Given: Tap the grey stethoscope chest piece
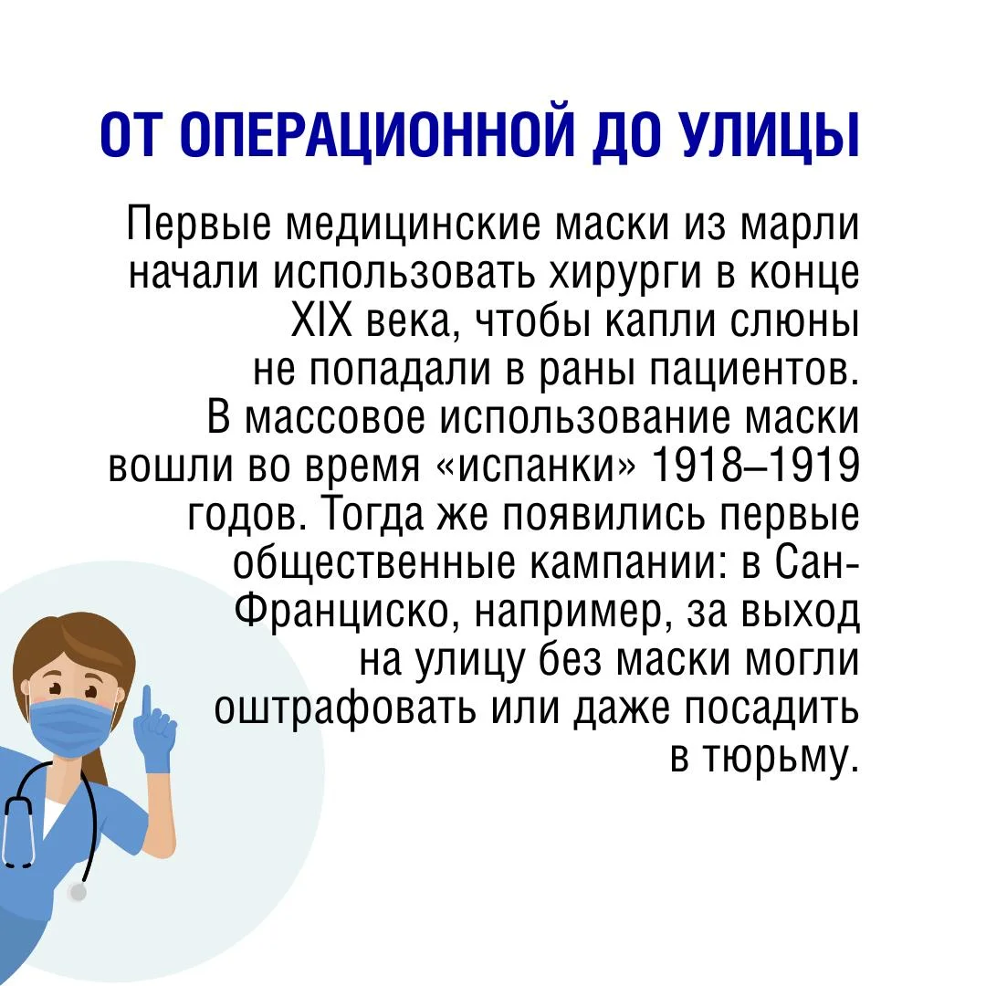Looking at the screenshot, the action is tap(78, 892).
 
